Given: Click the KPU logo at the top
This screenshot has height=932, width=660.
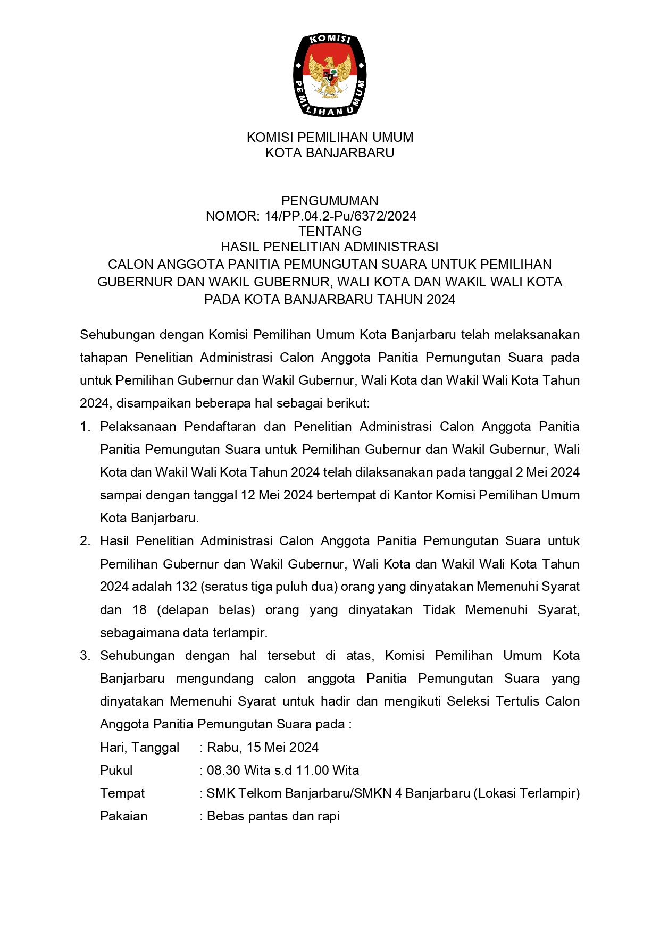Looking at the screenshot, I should tap(330, 75).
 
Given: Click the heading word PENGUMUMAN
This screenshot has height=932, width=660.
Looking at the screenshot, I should tap(330, 200).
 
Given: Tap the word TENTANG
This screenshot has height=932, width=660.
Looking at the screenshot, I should tap(330, 231).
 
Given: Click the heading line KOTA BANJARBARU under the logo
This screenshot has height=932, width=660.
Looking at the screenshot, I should tap(330, 153).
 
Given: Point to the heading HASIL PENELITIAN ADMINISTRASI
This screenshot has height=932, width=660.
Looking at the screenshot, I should tap(330, 247).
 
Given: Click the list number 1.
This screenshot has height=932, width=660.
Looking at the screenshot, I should tap(85, 427).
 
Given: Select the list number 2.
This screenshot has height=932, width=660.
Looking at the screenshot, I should tap(85, 541).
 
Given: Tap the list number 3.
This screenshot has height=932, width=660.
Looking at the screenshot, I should tap(85, 656).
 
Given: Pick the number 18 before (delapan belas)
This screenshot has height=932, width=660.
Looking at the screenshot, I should tap(139, 609).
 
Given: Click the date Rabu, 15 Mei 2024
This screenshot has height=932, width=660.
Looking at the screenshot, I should tap(263, 748).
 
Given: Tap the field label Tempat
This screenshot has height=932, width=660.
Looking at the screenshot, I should tap(122, 793).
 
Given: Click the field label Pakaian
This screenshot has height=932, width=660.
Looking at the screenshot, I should tap(124, 816).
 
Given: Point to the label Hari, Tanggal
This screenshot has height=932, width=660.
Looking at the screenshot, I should tap(140, 748).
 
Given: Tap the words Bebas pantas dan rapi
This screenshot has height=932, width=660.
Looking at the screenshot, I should tap(273, 816).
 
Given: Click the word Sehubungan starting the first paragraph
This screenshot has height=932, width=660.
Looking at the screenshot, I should tap(114, 335).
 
